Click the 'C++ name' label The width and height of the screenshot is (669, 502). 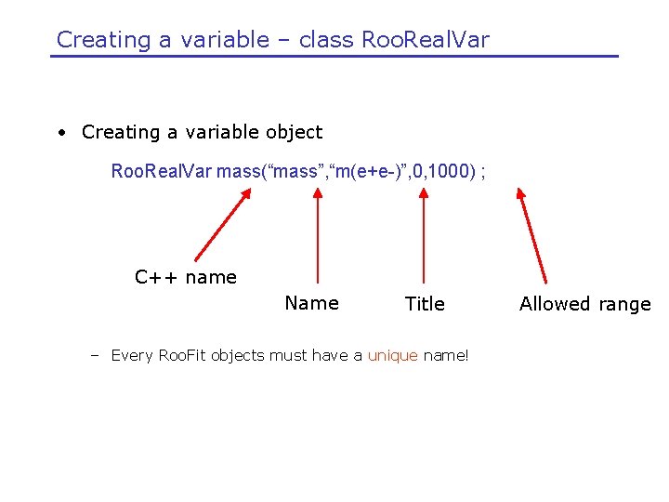click(x=186, y=277)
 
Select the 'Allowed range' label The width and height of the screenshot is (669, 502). click(x=584, y=304)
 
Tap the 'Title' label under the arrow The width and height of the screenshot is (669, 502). click(x=425, y=304)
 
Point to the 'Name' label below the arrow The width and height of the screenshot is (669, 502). click(x=311, y=303)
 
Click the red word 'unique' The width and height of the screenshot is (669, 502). click(x=393, y=355)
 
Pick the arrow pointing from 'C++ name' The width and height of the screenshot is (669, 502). click(x=222, y=225)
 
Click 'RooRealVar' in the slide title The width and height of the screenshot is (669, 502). click(x=425, y=40)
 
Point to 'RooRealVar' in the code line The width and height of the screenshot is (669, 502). click(x=161, y=172)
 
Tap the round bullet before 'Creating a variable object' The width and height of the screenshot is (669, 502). click(x=61, y=133)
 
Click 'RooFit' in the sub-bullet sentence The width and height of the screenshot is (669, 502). click(x=182, y=355)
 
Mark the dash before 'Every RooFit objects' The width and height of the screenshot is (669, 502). click(x=95, y=355)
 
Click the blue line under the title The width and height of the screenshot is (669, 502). click(x=334, y=57)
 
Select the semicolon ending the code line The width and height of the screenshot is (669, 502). click(x=483, y=173)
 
